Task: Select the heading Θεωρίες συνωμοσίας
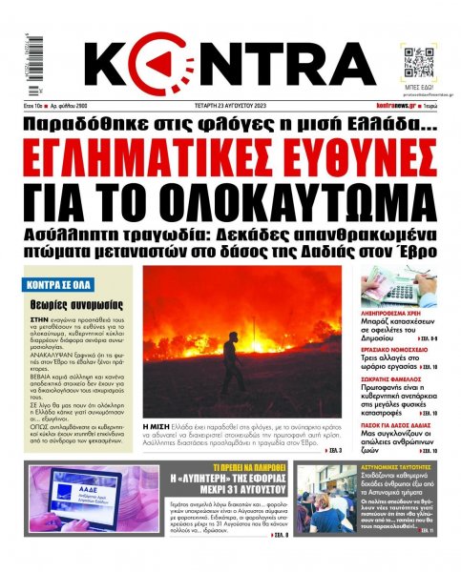tap(64, 303)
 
